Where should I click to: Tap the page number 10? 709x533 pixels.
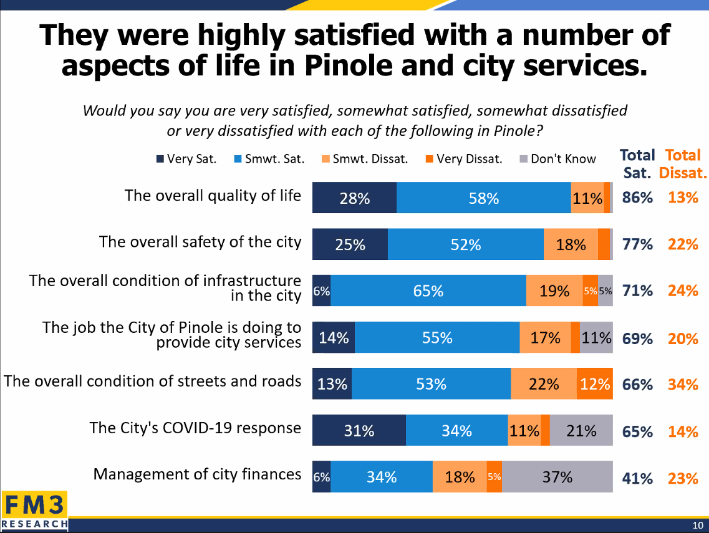point(698,524)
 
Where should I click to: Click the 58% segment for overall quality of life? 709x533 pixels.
point(483,198)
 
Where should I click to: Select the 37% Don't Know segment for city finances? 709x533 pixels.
point(557,478)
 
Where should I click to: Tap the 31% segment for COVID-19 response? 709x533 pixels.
point(359,431)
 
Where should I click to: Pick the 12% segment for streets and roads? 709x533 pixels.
point(594,384)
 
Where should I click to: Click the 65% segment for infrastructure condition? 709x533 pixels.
point(428,291)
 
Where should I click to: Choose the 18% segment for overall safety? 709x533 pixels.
point(571,244)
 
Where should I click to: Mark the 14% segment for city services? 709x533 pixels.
point(334,338)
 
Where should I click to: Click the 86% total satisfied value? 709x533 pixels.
point(637,198)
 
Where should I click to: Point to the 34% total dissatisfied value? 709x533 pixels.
point(682,384)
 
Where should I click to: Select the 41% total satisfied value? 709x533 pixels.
point(637,478)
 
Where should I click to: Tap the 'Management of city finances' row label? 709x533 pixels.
point(197,474)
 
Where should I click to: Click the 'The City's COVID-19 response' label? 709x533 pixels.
point(195,428)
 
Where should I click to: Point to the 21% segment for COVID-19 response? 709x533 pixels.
point(581,431)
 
